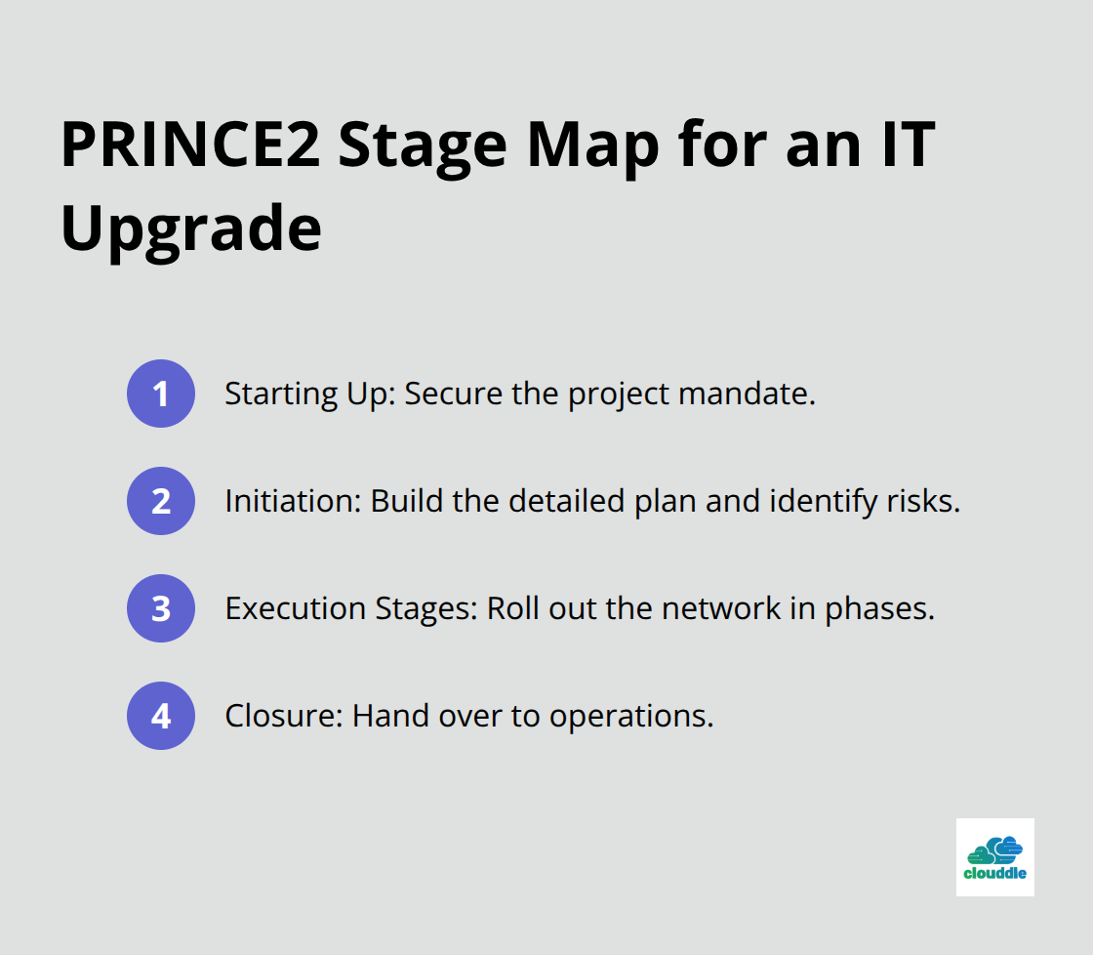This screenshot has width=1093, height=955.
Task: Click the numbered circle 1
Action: click(x=161, y=394)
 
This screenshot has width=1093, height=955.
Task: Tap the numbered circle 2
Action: click(x=161, y=501)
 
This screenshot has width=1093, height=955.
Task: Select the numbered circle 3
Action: click(x=161, y=608)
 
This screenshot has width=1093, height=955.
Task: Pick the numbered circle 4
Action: click(x=161, y=716)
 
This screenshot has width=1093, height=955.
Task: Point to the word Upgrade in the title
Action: click(x=191, y=229)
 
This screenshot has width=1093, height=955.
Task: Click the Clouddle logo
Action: click(x=994, y=856)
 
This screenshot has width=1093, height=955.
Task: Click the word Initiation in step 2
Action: click(x=289, y=501)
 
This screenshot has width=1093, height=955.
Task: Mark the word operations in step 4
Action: click(x=630, y=716)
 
